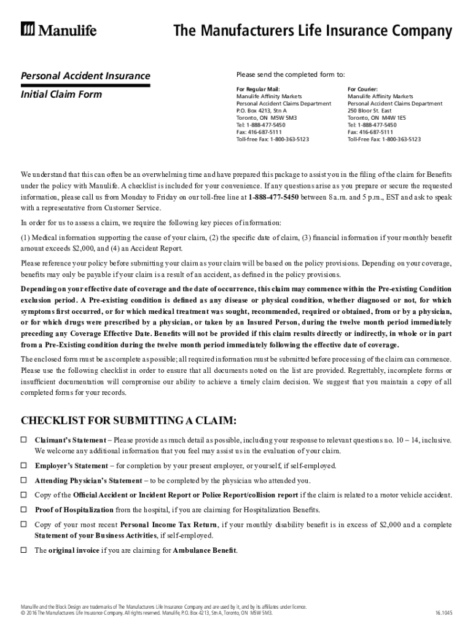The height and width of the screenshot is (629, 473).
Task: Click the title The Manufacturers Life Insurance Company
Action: [x=313, y=31]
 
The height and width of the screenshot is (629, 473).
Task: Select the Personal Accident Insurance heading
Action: [x=85, y=76]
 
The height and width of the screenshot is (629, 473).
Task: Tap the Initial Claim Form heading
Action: [x=61, y=95]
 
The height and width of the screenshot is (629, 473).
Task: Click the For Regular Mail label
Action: [x=258, y=89]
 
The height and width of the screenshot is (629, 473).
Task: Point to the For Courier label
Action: [x=362, y=89]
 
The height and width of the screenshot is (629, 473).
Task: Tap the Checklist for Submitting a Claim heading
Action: [x=128, y=421]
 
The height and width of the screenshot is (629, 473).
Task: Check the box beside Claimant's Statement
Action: [x=25, y=440]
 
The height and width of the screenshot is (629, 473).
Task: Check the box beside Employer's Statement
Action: [x=25, y=466]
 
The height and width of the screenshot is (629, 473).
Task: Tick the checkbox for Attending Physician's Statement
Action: [x=25, y=480]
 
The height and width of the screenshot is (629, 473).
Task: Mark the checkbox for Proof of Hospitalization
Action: [x=25, y=510]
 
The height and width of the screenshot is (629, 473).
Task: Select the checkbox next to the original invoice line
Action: [x=25, y=550]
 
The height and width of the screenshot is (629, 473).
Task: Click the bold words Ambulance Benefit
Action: [x=205, y=550]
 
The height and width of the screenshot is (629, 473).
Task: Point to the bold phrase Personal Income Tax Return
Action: [x=168, y=525]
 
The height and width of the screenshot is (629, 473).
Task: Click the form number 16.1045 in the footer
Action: [x=444, y=613]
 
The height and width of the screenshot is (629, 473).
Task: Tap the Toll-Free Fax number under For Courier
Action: [x=399, y=139]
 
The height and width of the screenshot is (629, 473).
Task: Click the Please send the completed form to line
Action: [x=291, y=74]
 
